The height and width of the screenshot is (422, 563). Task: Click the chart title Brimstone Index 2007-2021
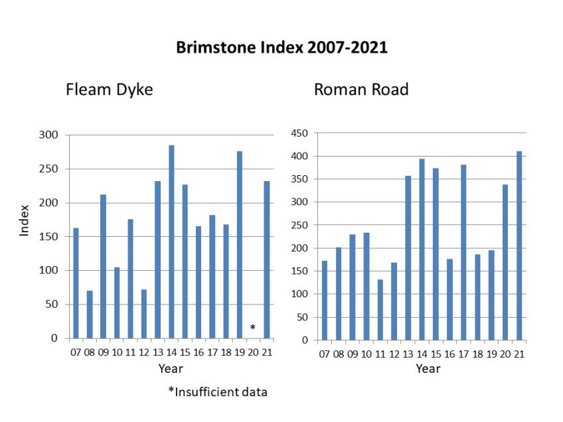pos(281,48)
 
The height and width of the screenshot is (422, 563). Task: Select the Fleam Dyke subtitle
pos(109,90)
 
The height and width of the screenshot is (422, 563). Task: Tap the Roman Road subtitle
pos(361,90)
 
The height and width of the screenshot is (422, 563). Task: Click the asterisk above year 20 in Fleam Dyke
pos(252,328)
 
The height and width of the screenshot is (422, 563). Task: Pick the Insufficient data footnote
pos(218,392)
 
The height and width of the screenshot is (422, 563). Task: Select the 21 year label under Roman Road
pos(519,353)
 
